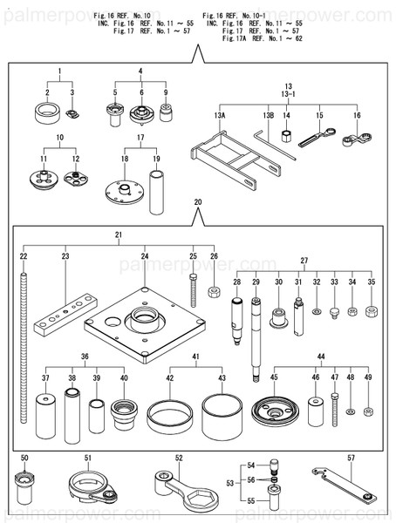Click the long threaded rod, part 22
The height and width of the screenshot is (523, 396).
(24, 348)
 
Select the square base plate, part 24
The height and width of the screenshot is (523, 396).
(145, 325)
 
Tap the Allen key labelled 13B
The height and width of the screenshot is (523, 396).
(274, 145)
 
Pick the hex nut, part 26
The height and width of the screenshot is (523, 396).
(214, 292)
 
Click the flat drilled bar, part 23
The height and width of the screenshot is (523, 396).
(65, 315)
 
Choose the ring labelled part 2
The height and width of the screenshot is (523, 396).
(47, 113)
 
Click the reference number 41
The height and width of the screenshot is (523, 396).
(195, 357)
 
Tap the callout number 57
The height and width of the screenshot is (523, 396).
(351, 458)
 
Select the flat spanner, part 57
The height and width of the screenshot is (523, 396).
(345, 485)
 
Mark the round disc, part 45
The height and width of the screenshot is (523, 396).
(275, 411)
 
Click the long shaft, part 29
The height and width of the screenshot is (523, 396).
(256, 339)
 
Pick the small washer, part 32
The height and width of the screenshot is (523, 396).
(317, 312)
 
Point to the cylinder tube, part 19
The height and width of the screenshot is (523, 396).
(156, 193)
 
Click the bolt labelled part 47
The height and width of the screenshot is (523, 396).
(335, 410)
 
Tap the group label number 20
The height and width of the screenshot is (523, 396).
(198, 202)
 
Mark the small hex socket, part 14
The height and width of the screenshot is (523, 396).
(286, 136)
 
